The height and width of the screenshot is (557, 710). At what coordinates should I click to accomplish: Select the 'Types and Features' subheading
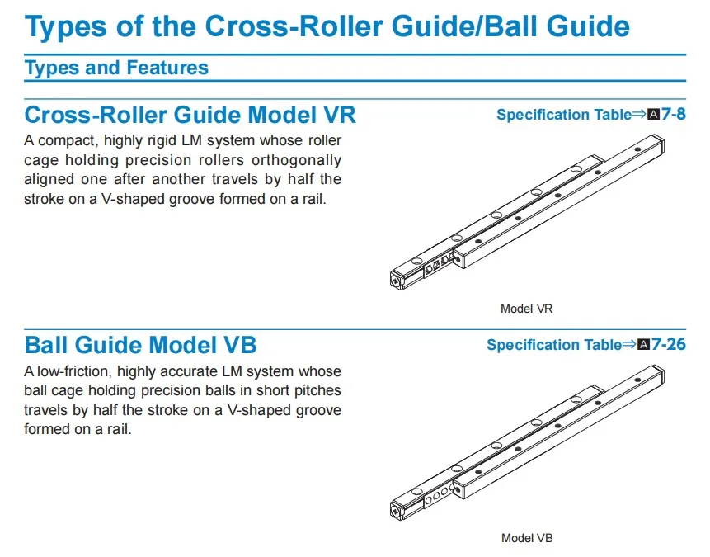tap(116, 68)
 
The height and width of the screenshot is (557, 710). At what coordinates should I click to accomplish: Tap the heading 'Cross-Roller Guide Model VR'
tap(190, 113)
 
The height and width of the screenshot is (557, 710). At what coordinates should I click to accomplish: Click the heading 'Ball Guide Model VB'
tap(140, 343)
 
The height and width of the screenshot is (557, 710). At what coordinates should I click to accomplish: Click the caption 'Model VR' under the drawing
tap(526, 309)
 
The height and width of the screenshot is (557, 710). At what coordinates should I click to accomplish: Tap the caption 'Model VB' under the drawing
tap(526, 538)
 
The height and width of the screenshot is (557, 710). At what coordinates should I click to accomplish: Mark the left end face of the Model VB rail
tap(397, 510)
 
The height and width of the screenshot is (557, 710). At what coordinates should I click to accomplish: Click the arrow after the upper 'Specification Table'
tap(639, 115)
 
